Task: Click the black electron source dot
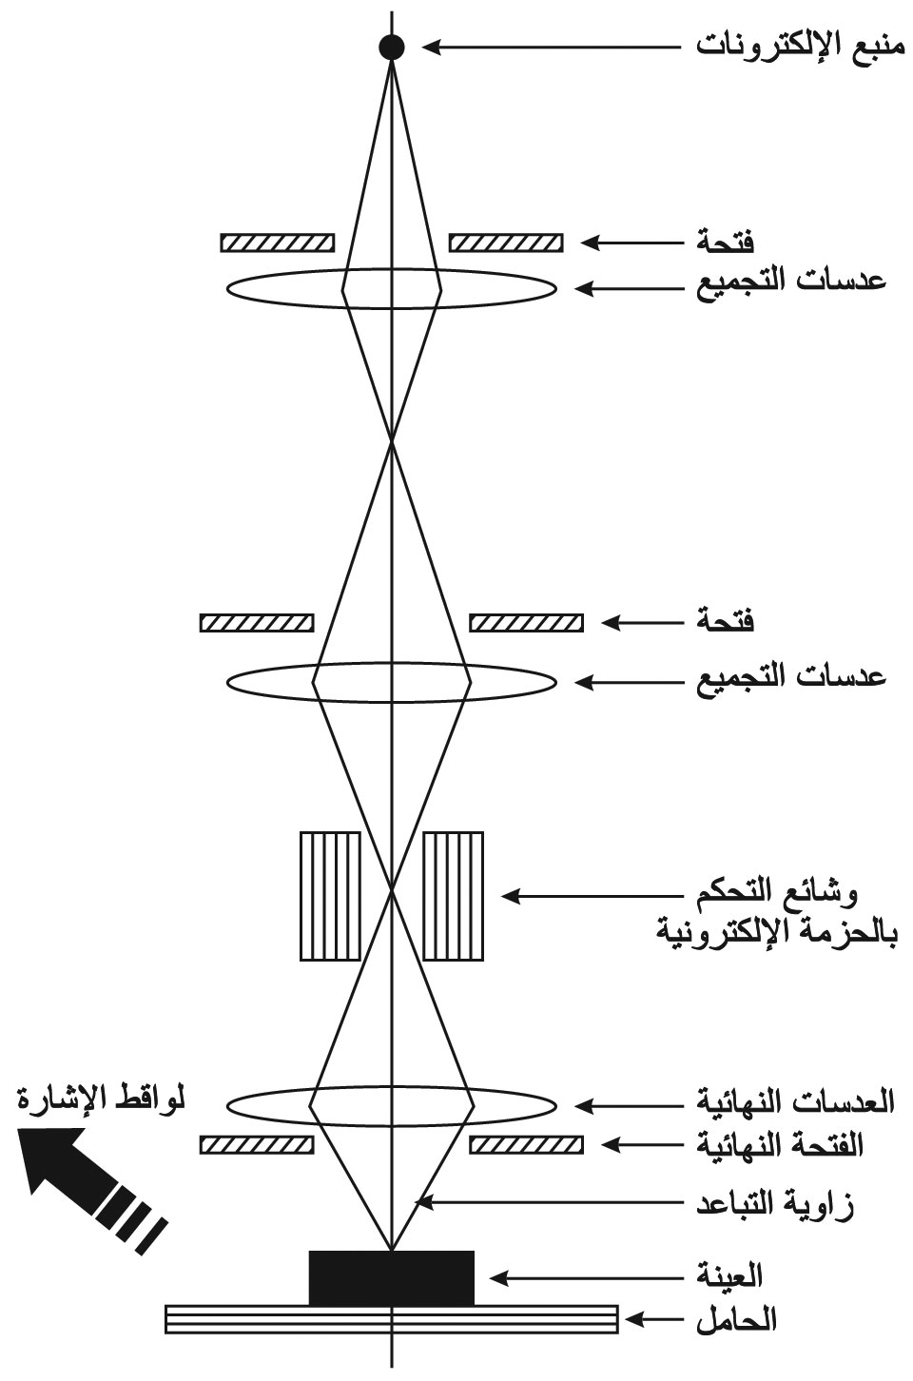(392, 47)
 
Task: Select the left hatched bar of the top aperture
(278, 243)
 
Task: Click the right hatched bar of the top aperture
(506, 243)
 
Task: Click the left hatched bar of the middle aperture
(257, 623)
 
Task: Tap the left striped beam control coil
(330, 896)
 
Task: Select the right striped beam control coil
(453, 896)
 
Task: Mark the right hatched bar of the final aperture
(526, 1145)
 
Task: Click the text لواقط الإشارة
(101, 1099)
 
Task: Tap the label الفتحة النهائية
(780, 1145)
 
